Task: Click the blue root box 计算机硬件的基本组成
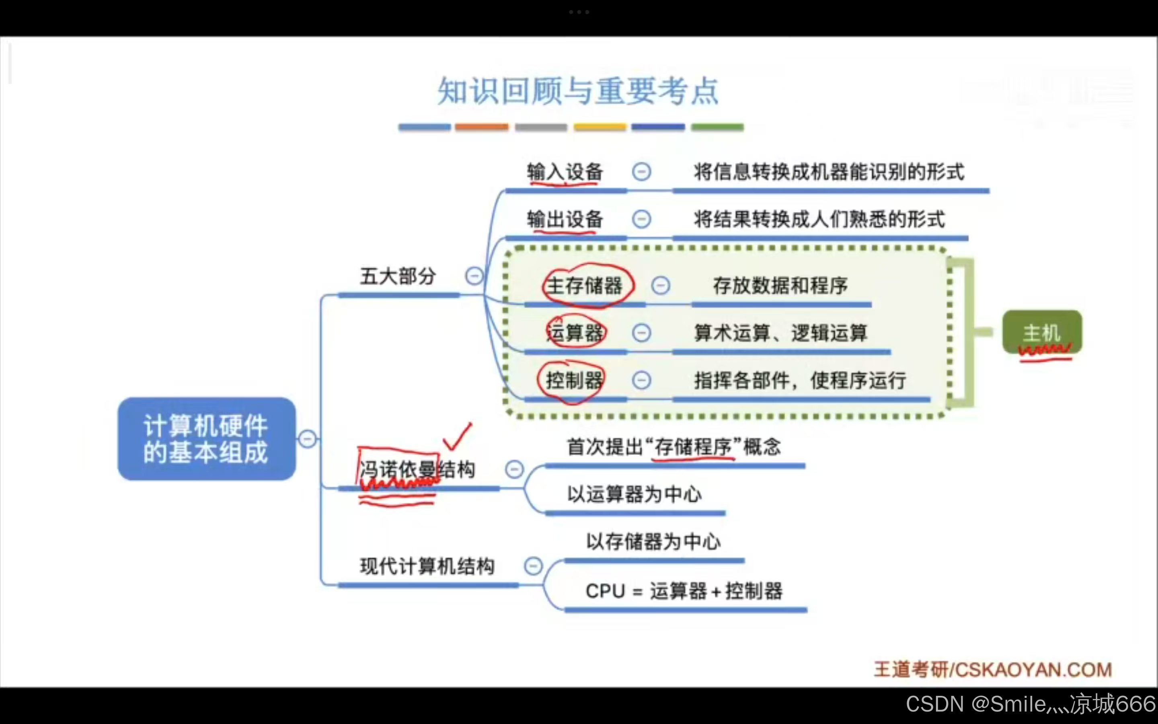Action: coord(206,438)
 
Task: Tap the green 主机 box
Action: coord(1042,332)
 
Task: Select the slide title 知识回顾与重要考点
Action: coord(578,90)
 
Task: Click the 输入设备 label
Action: coord(565,172)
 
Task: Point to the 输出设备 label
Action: coord(565,219)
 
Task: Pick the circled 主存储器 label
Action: coord(585,286)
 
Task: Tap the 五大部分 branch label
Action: coord(398,276)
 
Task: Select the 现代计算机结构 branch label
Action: coord(427,566)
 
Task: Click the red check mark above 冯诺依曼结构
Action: coord(458,436)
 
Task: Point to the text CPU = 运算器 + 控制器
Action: coord(684,591)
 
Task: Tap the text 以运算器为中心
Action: coord(634,494)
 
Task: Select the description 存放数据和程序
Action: coord(780,286)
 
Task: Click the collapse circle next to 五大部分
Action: coord(474,276)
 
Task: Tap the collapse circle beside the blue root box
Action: coord(307,438)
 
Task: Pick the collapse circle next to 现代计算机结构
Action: coord(533,566)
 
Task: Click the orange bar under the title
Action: coord(481,127)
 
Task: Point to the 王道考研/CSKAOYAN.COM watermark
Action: coord(992,669)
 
